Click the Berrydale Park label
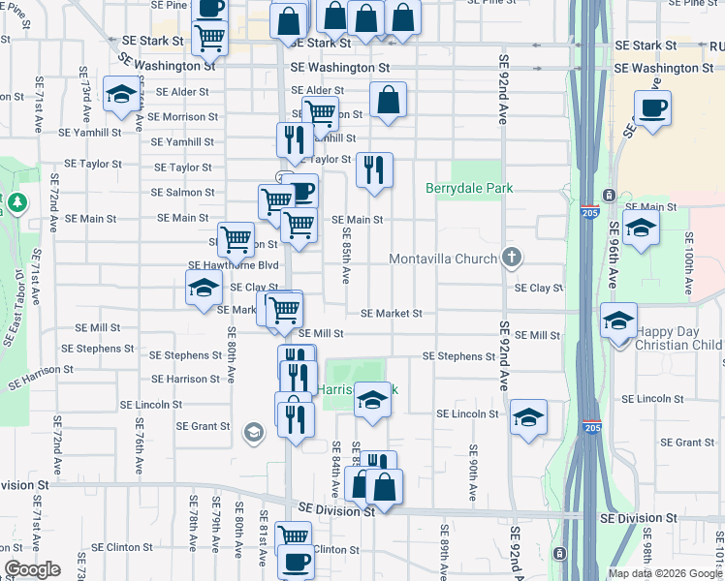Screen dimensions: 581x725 click(469, 188)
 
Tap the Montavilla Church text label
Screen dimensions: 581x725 click(443, 259)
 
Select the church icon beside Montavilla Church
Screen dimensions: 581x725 click(513, 258)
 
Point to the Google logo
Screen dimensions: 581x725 click(32, 569)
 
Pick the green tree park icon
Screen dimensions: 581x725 click(16, 203)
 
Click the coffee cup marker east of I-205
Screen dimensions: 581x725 click(653, 107)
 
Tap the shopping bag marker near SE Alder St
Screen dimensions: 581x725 click(388, 100)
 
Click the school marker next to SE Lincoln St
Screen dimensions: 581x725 click(528, 417)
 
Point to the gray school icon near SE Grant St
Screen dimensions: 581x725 click(253, 432)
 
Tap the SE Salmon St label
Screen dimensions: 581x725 click(183, 193)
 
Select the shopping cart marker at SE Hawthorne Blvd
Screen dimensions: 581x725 click(236, 239)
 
